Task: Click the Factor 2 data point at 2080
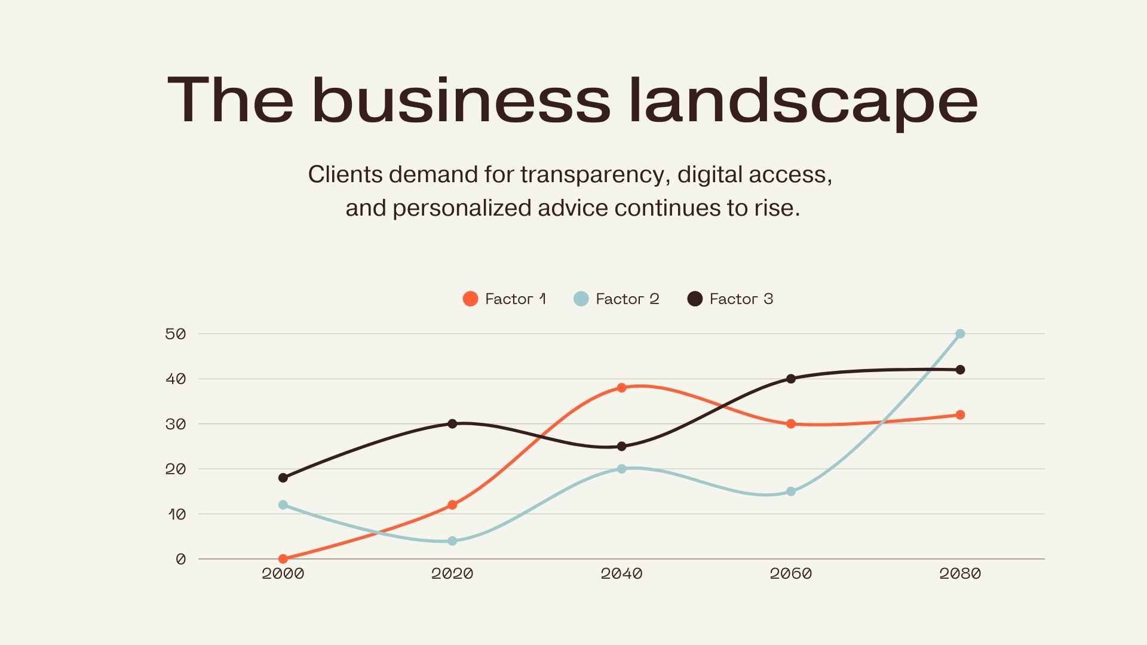tap(960, 334)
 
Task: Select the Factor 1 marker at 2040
tap(621, 388)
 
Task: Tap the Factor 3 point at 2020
tap(452, 423)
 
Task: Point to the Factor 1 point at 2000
tap(283, 559)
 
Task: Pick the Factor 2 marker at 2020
tap(452, 541)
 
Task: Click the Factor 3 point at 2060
tap(791, 379)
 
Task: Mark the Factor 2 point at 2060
tap(791, 492)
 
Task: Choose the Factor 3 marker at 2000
tap(283, 478)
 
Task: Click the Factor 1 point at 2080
tap(960, 415)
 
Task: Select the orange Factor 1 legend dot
tap(470, 299)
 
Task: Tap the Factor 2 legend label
tap(627, 299)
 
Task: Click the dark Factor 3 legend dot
tap(695, 299)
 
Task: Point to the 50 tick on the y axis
tap(176, 334)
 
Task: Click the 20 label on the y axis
tap(176, 469)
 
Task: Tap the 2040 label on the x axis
tap(621, 574)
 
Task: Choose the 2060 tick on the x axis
tap(791, 574)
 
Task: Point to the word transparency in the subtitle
tap(592, 174)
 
